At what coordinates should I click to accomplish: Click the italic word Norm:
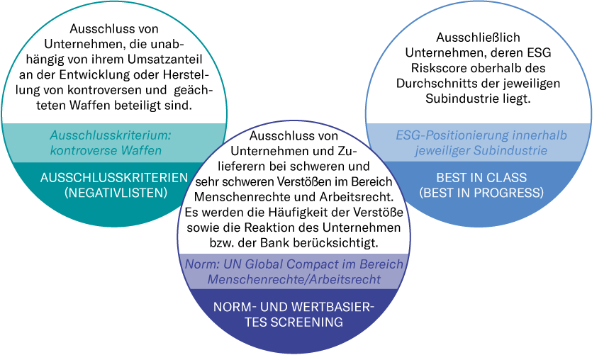(199, 264)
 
